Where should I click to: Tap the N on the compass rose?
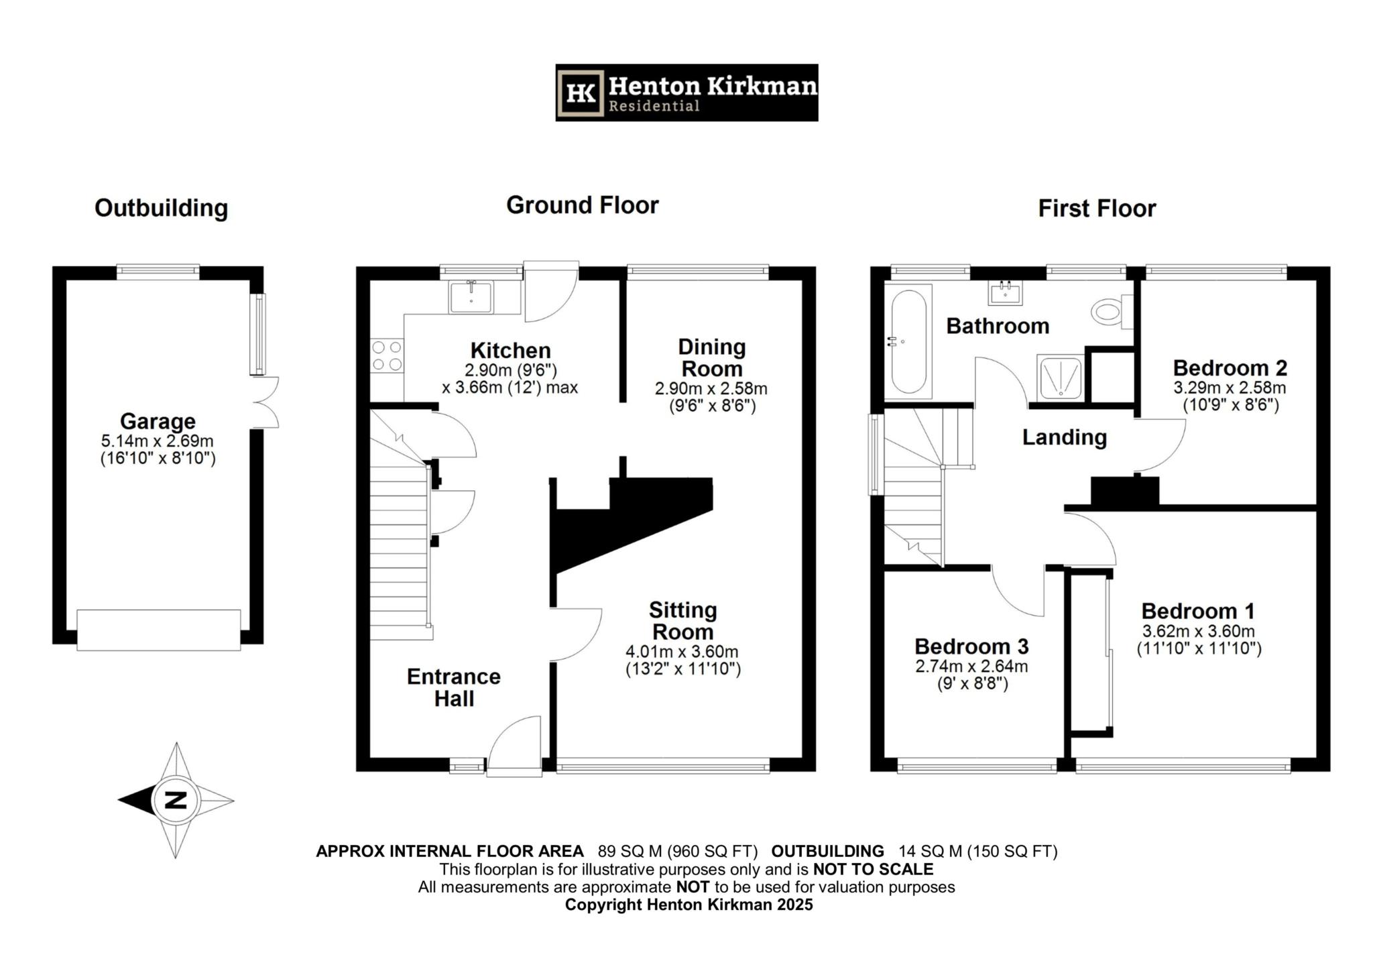[x=176, y=800]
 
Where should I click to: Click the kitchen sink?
[x=471, y=298]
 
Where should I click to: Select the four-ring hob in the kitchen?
[x=387, y=355]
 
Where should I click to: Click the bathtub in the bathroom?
[x=908, y=341]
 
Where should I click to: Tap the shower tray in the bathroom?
[x=1059, y=378]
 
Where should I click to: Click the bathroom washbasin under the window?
[x=1005, y=292]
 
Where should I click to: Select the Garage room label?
[x=158, y=421]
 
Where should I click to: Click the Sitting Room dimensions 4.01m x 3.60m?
[x=682, y=652]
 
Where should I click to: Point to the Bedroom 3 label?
[x=971, y=646]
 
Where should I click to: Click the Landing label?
[x=1064, y=437]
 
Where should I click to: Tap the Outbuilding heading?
[x=161, y=208]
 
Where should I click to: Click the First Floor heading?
[x=1097, y=209]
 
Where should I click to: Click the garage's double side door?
[x=267, y=402]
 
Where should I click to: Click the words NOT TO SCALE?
[x=872, y=869]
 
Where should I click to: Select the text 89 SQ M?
[x=629, y=851]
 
